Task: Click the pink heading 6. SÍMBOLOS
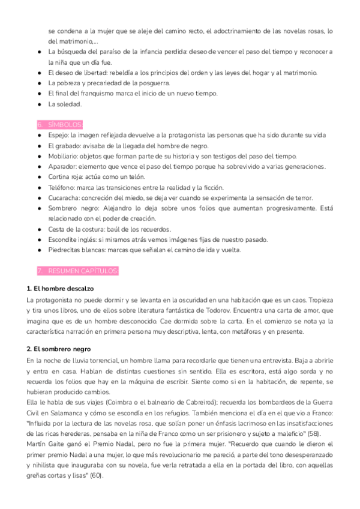click(x=60, y=124)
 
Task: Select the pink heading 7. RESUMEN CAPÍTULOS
click(x=78, y=271)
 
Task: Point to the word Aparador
click(x=62, y=166)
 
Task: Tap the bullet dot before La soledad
click(x=39, y=104)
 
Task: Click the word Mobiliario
click(x=63, y=156)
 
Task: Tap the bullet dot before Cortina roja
click(x=39, y=177)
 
